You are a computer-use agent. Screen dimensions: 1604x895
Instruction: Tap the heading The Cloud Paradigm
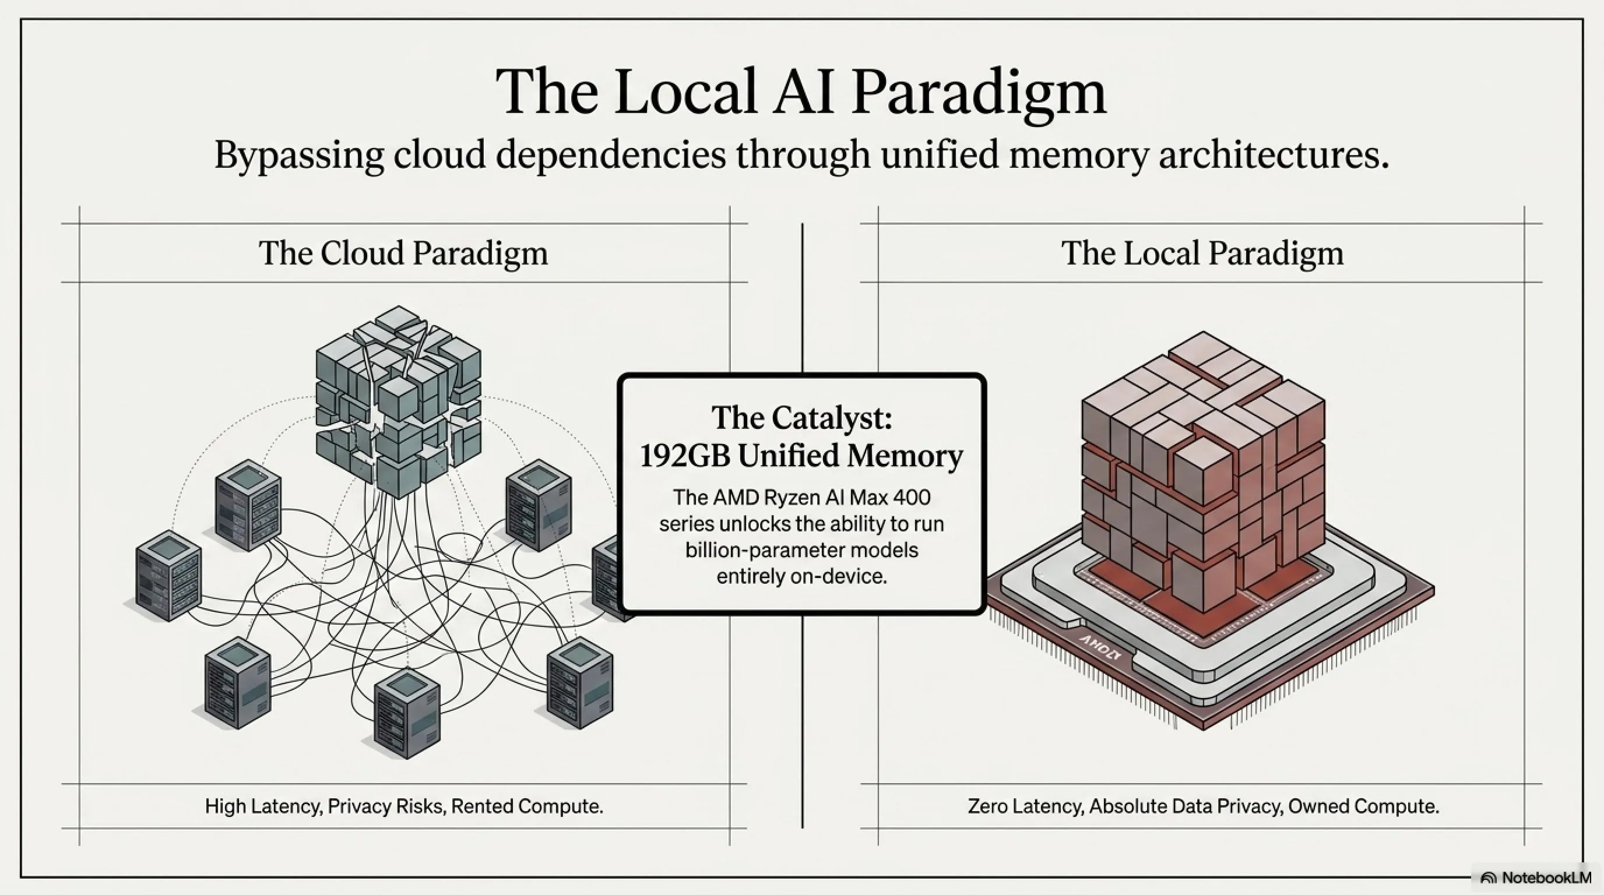[403, 253]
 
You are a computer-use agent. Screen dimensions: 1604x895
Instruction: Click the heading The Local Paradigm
[1202, 253]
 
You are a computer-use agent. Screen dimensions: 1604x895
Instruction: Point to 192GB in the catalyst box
[685, 456]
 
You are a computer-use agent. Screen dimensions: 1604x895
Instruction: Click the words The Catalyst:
[802, 417]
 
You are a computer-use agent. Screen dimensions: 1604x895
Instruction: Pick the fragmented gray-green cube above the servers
[399, 401]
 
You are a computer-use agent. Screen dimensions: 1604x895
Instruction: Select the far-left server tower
[168, 576]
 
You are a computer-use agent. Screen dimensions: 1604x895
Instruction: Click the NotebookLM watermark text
[1546, 878]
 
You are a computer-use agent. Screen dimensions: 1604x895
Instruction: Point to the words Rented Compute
[527, 806]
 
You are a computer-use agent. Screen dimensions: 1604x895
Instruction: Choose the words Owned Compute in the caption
[1364, 806]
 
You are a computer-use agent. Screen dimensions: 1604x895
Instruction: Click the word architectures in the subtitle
[1274, 156]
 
